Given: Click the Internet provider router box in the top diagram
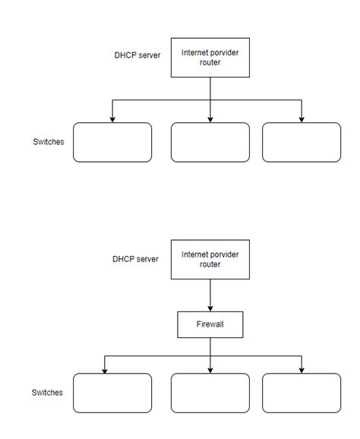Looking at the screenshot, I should point(210,58).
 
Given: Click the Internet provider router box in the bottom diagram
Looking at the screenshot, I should point(210,260).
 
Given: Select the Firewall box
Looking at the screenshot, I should point(210,326).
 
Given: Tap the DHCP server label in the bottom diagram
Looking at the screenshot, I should point(136,259).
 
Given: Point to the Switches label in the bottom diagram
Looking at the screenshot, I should point(47,393).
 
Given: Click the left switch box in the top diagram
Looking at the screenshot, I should point(112,143).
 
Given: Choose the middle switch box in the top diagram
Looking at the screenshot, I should point(210,143).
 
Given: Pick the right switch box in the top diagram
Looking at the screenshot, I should point(302,143).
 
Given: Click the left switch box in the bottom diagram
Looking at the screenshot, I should point(112,393).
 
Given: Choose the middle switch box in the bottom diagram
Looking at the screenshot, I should point(210,393).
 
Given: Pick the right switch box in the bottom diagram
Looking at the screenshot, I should point(302,393).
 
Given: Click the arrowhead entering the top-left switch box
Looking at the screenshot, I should point(112,119).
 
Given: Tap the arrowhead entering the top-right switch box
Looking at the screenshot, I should point(302,119).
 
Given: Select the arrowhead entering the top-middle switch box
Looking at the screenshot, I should point(210,119).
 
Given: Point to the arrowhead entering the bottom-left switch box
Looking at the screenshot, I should point(105,370).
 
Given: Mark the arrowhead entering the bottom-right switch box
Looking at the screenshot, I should point(302,370).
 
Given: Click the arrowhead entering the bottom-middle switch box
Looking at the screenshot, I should point(210,370).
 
